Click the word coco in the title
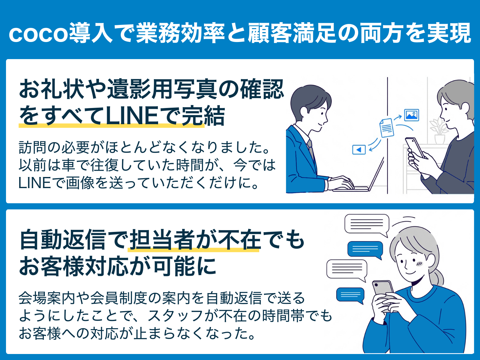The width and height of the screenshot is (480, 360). (38, 34)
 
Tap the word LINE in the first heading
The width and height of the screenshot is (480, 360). (132, 116)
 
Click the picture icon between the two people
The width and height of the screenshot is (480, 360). (412, 115)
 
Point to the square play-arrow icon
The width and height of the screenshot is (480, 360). (359, 149)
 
